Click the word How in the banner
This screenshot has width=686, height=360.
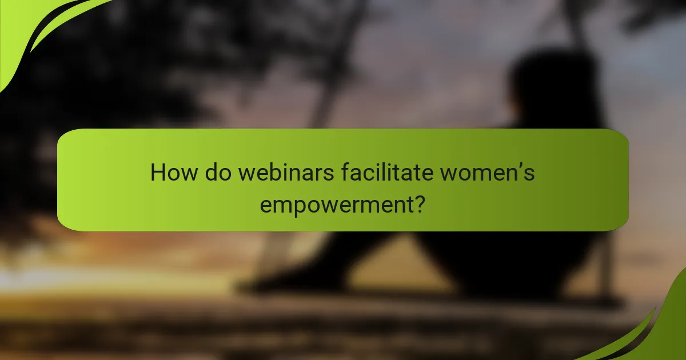coord(171,173)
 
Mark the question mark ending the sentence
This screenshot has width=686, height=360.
coord(419,203)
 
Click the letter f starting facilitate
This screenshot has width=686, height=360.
coord(344,172)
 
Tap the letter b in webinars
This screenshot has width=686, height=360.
coord(270,172)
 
